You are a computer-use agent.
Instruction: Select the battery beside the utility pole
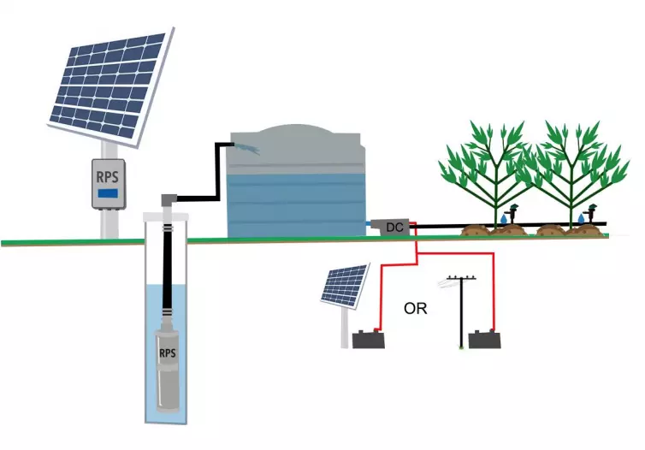pos(484,339)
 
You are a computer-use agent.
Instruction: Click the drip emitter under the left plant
pos(511,210)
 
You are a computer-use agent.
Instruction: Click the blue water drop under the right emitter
pos(581,221)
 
